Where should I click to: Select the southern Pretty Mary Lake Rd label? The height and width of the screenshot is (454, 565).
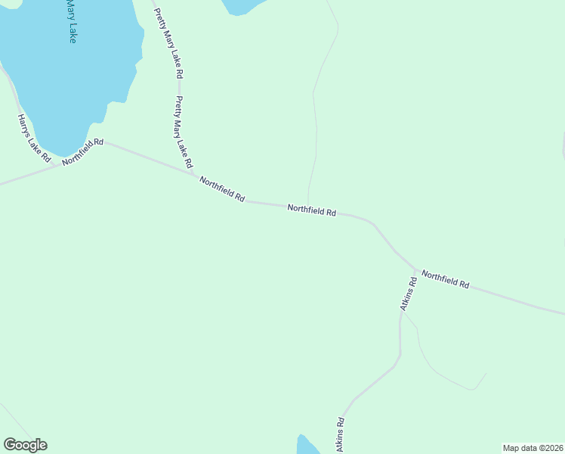click(x=184, y=132)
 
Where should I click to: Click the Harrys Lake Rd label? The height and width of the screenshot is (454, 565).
click(x=34, y=138)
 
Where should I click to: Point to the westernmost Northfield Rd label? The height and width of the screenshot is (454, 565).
click(x=83, y=151)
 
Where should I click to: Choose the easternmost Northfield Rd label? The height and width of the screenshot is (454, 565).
click(x=446, y=279)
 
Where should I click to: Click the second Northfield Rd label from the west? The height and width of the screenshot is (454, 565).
click(x=222, y=188)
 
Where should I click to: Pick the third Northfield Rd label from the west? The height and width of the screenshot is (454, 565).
click(x=311, y=211)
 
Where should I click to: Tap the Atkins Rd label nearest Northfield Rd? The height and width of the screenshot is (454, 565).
click(x=408, y=294)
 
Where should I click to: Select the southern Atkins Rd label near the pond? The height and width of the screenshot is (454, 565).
click(x=339, y=436)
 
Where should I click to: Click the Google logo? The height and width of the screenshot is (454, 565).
click(x=26, y=445)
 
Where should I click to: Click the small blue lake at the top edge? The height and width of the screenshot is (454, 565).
click(x=242, y=5)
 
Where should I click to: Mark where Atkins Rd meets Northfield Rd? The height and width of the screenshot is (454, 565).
click(x=416, y=269)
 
